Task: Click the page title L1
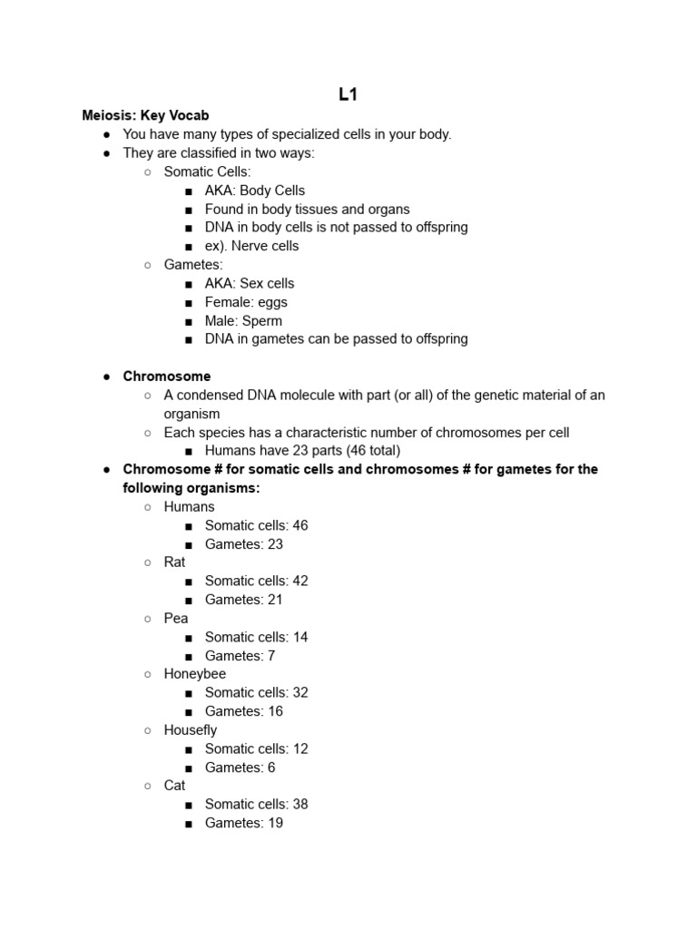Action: point(348,95)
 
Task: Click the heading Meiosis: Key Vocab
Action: point(145,115)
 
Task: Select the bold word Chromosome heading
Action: point(167,376)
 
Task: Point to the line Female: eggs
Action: point(246,302)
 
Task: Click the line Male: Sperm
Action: point(243,321)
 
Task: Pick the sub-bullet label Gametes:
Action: point(193,265)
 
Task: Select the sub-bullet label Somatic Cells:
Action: point(207,171)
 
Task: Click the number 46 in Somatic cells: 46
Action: point(299,525)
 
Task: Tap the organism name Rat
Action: point(174,562)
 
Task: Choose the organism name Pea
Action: point(176,619)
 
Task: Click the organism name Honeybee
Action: point(195,674)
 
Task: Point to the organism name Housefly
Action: point(191,730)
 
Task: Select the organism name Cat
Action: point(174,786)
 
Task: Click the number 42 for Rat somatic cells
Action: point(299,582)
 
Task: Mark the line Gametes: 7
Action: point(240,656)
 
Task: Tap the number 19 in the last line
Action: point(274,823)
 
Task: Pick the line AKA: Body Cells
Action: point(255,191)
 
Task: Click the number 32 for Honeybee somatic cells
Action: point(299,693)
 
